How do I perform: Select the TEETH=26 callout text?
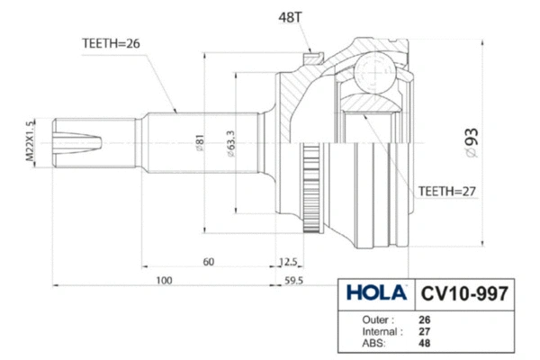[x=111, y=41]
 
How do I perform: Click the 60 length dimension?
[x=209, y=262]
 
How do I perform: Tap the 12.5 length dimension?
[x=287, y=262]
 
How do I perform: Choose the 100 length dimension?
[x=164, y=281]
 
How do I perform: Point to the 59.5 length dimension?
[x=294, y=281]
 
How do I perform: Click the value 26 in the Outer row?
[x=425, y=319]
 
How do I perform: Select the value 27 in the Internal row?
[x=425, y=331]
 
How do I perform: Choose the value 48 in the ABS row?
[x=425, y=343]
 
